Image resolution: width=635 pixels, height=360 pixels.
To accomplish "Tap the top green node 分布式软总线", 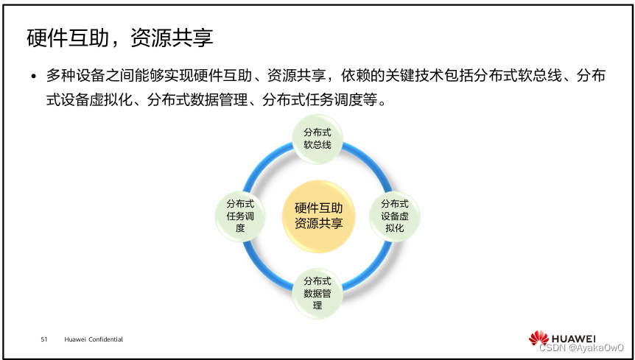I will [317, 138].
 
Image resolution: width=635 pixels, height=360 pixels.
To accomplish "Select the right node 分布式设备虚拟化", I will [394, 215].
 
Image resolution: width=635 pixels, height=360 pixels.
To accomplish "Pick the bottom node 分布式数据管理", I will [317, 292].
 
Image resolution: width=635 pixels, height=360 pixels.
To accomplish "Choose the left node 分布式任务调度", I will [240, 215].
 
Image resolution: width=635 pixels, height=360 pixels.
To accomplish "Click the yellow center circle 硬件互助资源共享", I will [318, 216].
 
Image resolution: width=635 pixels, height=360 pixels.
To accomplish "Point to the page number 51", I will [44, 339].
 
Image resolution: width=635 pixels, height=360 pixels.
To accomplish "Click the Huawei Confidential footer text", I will [94, 339].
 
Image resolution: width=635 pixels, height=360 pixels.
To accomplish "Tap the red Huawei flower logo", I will [538, 338].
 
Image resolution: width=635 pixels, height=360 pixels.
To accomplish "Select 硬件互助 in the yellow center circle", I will [318, 208].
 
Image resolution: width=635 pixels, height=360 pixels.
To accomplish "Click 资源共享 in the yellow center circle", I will [318, 224].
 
